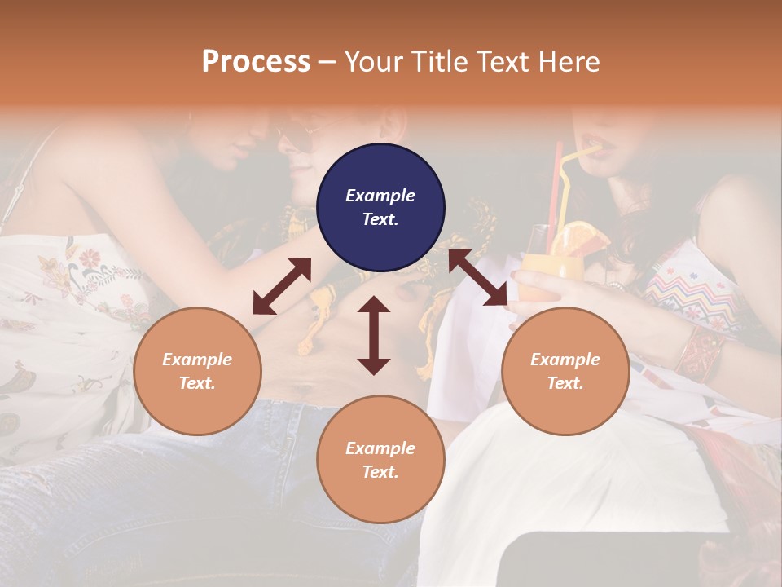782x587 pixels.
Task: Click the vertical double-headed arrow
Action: [374, 335]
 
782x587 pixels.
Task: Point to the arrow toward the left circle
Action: [282, 286]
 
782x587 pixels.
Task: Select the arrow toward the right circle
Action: [477, 278]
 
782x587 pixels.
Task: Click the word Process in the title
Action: [256, 61]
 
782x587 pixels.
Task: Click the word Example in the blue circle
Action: [380, 196]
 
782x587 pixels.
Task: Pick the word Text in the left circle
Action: [197, 383]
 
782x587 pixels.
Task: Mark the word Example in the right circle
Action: [565, 360]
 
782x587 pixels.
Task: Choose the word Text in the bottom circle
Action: [380, 472]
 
